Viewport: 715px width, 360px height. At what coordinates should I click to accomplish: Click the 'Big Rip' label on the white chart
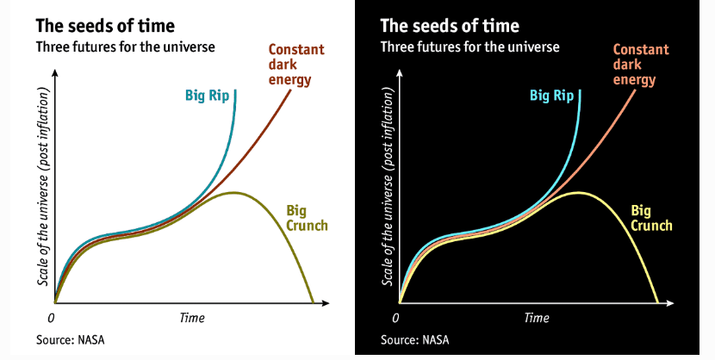coord(207,96)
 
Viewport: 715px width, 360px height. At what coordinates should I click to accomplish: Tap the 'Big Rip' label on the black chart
coord(551,96)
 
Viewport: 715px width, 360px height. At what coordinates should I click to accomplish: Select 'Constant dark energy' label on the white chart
coord(296,65)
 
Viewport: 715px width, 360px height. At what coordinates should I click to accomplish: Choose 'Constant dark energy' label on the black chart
coord(641,65)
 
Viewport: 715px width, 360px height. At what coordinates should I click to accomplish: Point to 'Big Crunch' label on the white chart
coord(307,218)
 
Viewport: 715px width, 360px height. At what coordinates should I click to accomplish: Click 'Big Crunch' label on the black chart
coord(651,218)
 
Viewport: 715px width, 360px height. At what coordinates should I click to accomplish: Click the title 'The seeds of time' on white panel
coord(105,26)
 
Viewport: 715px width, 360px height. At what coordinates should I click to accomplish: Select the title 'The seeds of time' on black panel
coord(450,26)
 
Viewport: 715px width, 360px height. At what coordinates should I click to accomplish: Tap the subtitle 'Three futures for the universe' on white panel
coord(126,47)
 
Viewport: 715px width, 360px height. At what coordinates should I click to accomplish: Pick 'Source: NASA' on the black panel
coord(415,339)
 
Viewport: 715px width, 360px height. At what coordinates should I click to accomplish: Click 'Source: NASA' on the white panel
coord(71,339)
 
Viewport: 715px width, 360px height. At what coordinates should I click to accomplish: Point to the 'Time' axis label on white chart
coord(192,318)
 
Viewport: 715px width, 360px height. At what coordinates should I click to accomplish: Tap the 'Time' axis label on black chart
coord(537,318)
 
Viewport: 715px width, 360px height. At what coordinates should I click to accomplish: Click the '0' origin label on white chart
coord(51,318)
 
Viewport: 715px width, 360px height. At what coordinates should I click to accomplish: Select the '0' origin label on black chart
coord(395,318)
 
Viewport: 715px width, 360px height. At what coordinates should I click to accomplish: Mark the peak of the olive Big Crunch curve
coord(233,193)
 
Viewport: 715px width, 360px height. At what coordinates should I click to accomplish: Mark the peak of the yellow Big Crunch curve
coord(578,193)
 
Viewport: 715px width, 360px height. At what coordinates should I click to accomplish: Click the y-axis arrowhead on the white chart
coord(55,73)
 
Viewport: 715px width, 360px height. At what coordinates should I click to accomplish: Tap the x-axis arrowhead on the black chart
coord(669,303)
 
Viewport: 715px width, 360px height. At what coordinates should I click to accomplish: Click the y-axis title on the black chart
coord(388,187)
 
